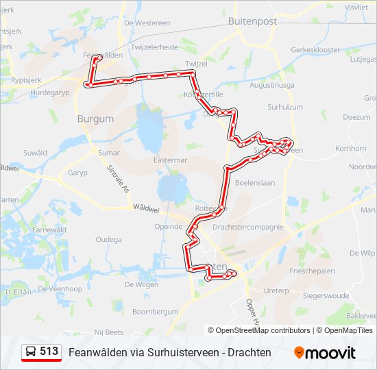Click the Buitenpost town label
point(252,21)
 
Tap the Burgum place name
point(95,119)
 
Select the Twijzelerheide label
point(149,47)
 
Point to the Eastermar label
point(171,160)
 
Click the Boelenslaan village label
point(254,183)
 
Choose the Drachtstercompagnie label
point(248,227)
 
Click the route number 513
point(49,351)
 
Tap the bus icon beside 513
point(31,351)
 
